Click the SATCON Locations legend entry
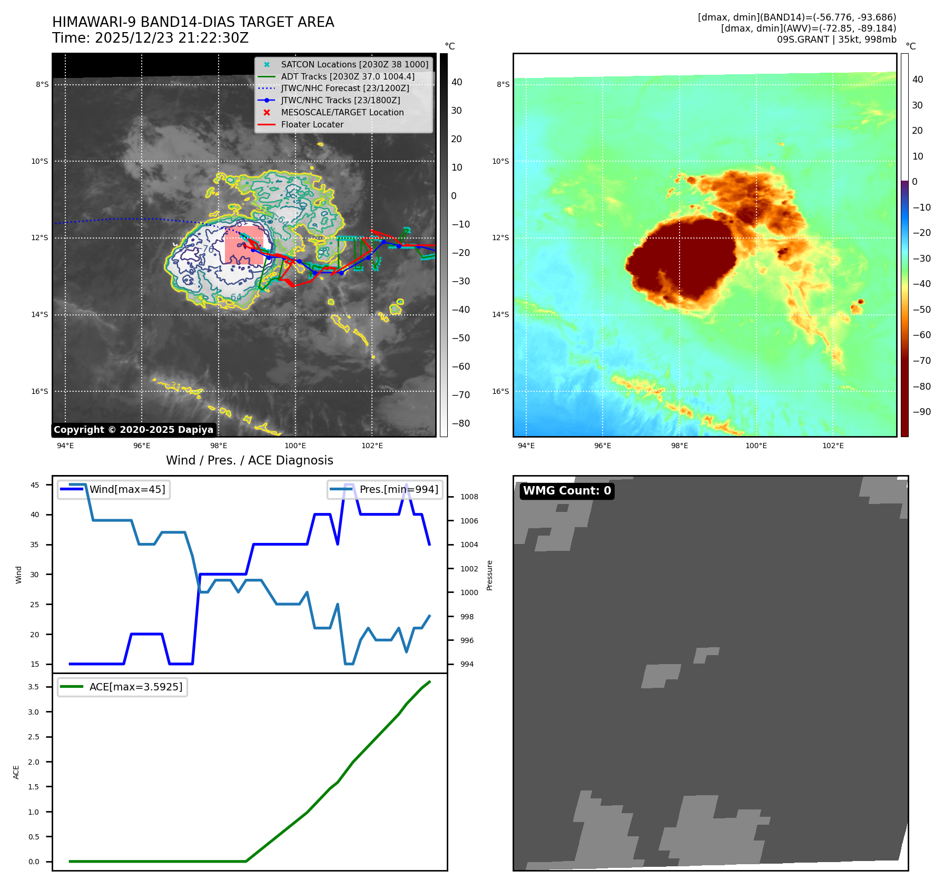point(355,64)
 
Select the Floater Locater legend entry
point(312,124)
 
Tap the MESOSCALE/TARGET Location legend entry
point(342,112)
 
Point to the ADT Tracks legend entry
point(347,76)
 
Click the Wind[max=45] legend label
point(127,489)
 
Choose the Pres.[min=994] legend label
point(399,489)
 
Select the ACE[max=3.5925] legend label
point(136,687)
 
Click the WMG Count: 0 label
point(567,491)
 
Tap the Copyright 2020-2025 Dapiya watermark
point(133,430)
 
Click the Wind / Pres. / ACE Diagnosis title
point(249,460)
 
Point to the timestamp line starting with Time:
point(150,38)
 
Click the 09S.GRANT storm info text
point(836,39)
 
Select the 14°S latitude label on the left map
point(40,314)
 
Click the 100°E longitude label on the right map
point(756,446)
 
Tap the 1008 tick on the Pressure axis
point(469,497)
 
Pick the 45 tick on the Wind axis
point(35,485)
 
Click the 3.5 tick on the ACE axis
point(33,687)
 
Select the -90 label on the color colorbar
point(921,412)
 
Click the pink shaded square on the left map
point(243,245)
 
